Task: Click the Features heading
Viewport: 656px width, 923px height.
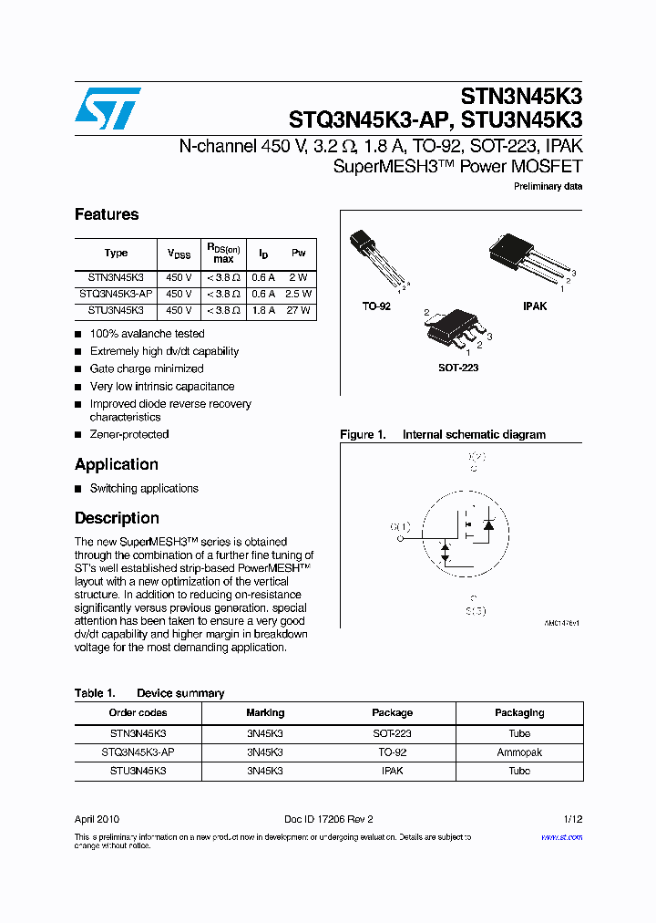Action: [107, 214]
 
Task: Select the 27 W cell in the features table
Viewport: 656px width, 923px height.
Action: [299, 310]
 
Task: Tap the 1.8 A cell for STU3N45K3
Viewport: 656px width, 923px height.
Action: [263, 310]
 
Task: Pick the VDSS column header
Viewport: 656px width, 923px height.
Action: [179, 254]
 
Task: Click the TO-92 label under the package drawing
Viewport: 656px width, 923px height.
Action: [376, 306]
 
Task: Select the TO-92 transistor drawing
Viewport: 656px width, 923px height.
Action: [375, 260]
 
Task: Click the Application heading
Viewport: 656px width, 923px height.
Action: [117, 464]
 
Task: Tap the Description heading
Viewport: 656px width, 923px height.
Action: [117, 518]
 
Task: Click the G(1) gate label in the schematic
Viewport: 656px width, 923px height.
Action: [400, 526]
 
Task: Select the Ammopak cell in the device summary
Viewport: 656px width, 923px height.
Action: [519, 752]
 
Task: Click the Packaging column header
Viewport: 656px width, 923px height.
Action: [519, 712]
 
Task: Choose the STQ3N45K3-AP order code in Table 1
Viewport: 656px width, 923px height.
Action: [138, 752]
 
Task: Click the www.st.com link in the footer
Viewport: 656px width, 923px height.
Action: [561, 836]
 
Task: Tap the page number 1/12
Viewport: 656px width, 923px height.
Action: [571, 819]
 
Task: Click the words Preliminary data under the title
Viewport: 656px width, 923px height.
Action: [548, 187]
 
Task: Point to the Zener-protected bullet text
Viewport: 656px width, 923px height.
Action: [129, 434]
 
